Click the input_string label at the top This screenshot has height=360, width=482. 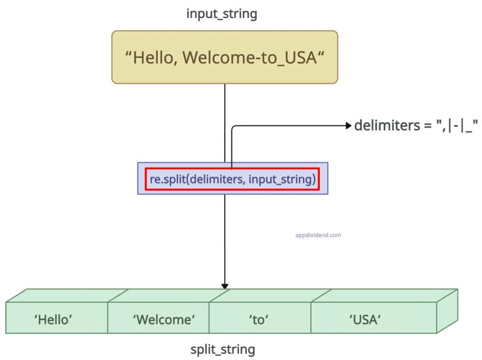click(222, 13)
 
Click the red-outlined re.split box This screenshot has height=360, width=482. click(233, 178)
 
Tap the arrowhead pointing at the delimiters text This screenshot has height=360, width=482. click(348, 126)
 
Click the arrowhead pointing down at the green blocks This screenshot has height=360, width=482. click(225, 285)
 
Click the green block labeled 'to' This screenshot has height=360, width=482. click(258, 320)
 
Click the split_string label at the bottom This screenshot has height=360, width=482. click(223, 349)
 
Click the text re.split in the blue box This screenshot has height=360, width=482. click(167, 179)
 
